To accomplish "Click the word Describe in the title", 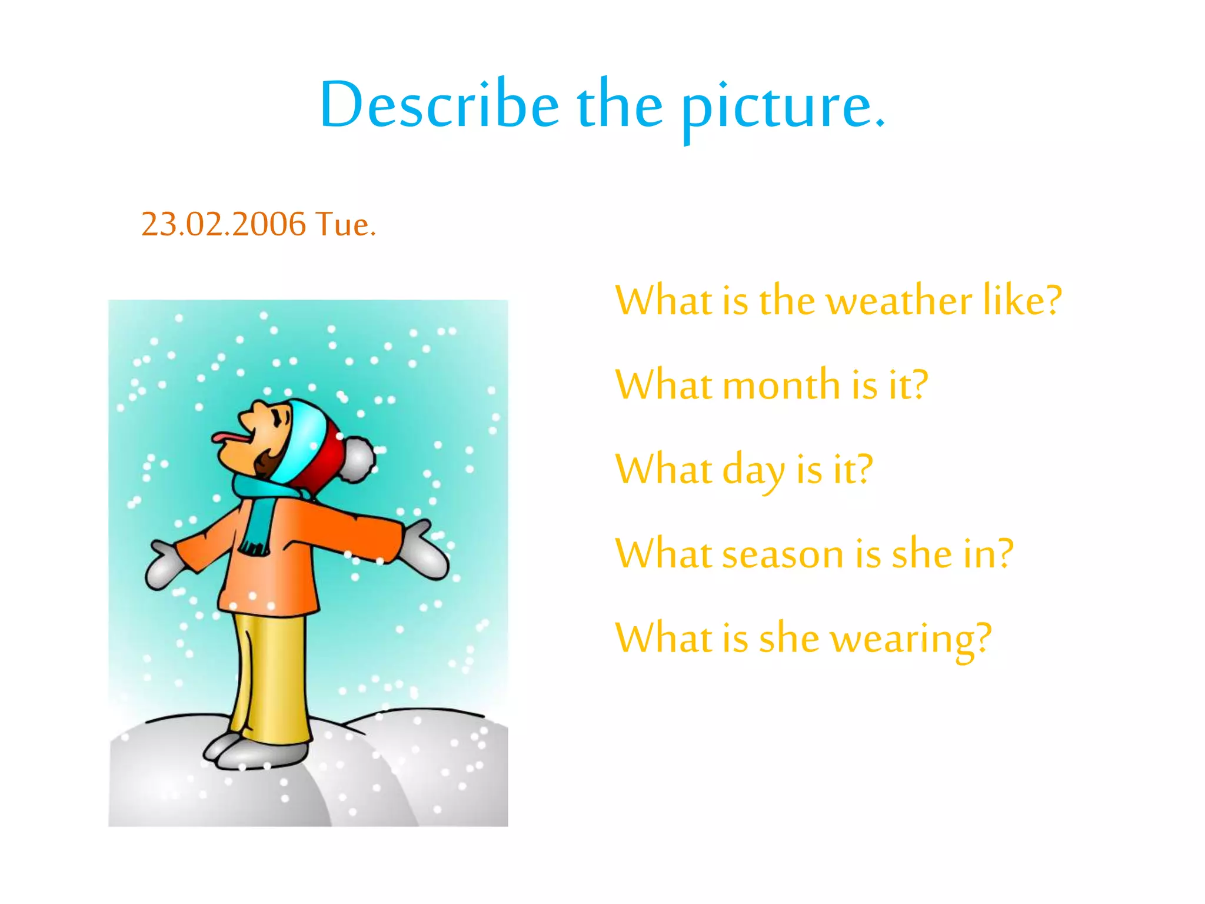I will coord(439,105).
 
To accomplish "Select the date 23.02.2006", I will coord(224,224).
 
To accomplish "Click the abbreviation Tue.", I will coord(345,224).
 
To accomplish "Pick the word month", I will coord(782,385).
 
